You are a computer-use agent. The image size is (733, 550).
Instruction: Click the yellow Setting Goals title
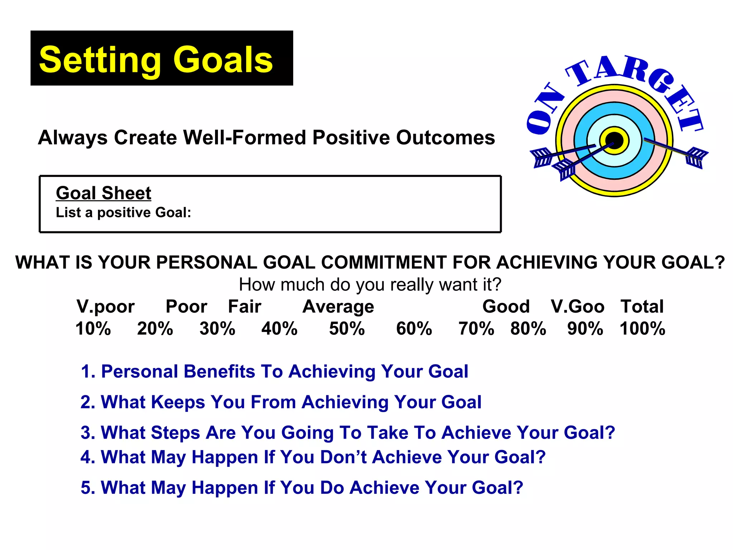(156, 60)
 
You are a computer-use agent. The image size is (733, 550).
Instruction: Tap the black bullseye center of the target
(614, 140)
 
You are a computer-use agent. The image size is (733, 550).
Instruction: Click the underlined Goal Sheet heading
(103, 193)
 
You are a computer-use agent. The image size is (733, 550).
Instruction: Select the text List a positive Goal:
(123, 213)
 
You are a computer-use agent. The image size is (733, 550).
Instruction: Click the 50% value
(346, 329)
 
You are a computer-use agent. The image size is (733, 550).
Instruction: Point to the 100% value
(642, 329)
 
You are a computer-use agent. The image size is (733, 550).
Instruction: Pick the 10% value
(93, 329)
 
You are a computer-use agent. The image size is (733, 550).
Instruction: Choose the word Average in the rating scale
(338, 307)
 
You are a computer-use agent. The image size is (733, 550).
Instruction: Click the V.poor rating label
(106, 307)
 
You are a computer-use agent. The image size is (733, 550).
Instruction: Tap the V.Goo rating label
(577, 307)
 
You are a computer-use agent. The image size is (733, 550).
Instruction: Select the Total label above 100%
(642, 307)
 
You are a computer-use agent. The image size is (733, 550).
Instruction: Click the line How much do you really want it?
(370, 285)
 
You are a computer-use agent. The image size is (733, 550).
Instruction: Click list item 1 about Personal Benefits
(274, 371)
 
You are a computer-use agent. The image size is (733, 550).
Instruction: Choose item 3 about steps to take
(348, 433)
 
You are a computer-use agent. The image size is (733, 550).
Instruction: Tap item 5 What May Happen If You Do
(302, 488)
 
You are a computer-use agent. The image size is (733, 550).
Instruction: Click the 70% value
(476, 329)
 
